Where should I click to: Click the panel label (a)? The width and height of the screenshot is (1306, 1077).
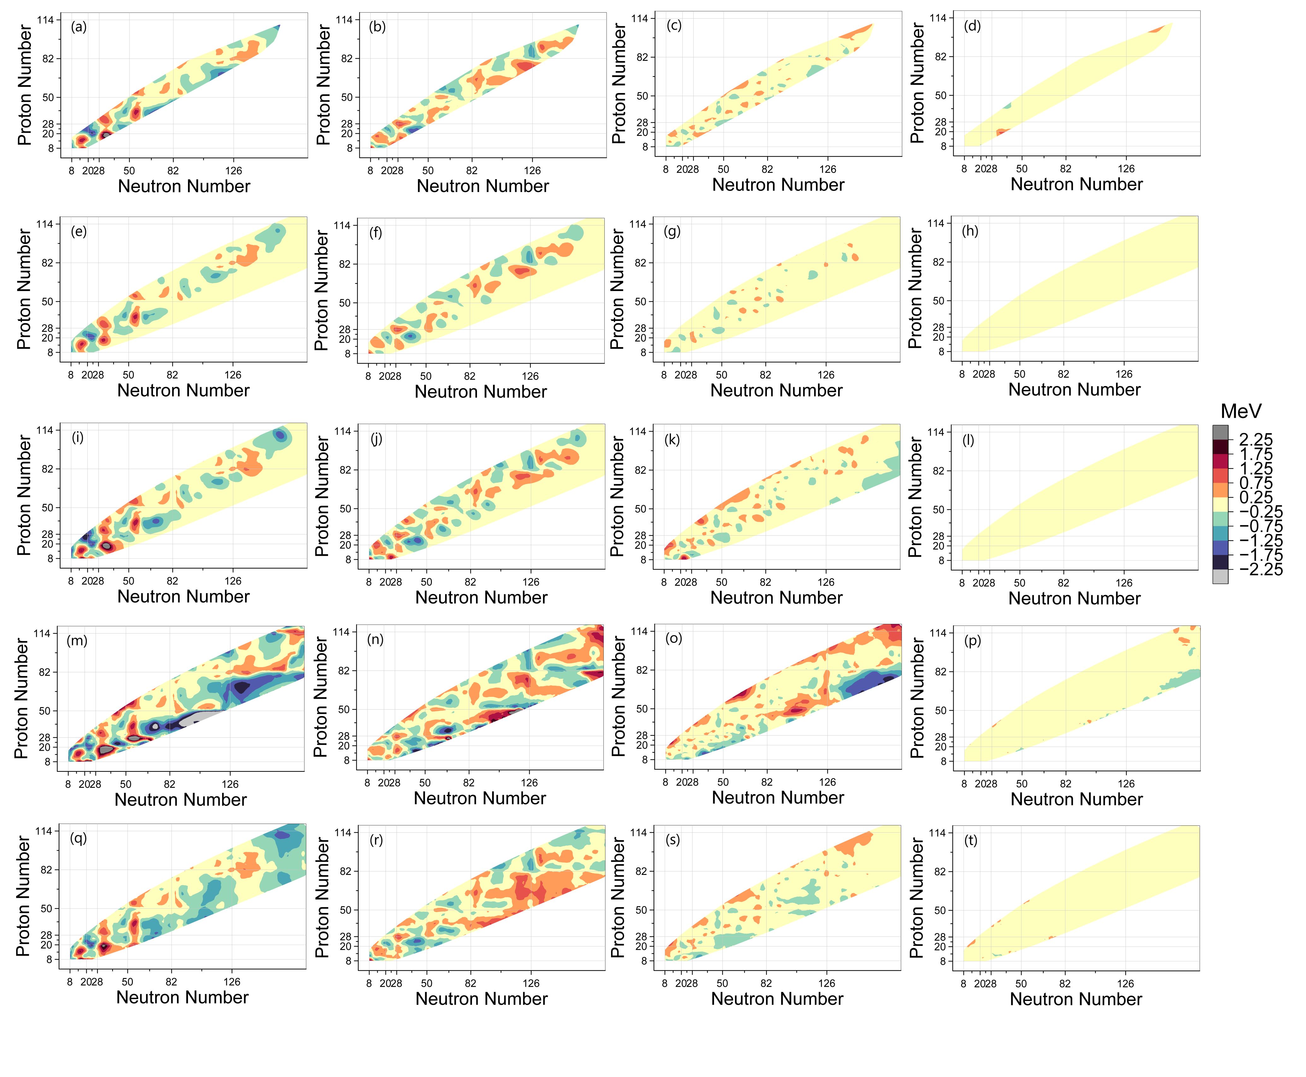79,27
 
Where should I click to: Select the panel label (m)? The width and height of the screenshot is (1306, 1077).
77,640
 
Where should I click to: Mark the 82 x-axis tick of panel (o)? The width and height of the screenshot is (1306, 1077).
767,782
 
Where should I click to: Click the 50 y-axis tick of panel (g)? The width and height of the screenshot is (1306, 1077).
640,301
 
